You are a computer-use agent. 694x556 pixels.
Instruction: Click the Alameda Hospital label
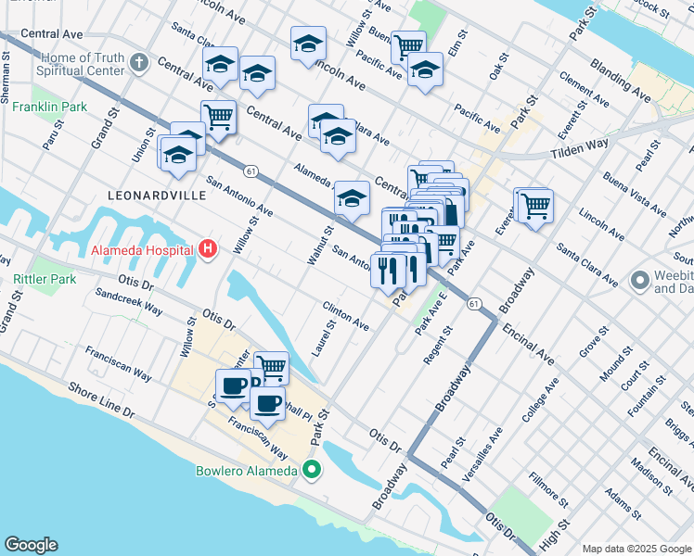[142, 249]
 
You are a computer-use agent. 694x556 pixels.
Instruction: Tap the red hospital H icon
[208, 249]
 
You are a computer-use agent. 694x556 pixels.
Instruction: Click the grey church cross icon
[138, 63]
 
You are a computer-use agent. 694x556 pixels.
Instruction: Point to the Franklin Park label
[50, 107]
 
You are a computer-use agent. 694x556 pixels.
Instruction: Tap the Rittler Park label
[45, 278]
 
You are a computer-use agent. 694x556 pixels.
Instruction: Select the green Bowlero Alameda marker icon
[313, 470]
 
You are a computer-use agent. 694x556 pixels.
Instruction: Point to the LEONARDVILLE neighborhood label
[153, 196]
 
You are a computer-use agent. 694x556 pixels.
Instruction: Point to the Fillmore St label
[547, 489]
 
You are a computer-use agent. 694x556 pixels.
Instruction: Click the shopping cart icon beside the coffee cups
[271, 367]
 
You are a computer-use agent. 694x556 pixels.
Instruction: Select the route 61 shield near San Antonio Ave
[251, 171]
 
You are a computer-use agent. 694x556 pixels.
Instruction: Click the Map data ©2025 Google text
[636, 549]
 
